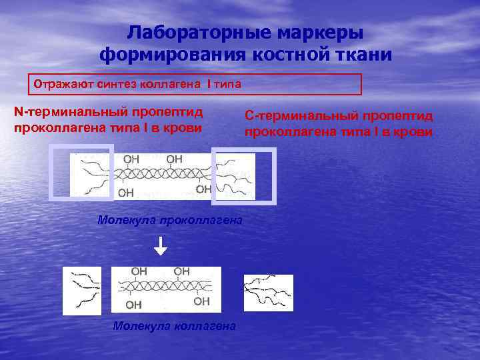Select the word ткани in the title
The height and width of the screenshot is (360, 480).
(360, 54)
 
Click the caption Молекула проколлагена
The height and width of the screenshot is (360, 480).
(169, 219)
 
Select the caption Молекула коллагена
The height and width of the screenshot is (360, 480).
(174, 326)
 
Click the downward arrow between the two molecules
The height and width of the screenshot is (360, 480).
(161, 247)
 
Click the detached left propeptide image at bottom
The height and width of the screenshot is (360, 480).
(82, 290)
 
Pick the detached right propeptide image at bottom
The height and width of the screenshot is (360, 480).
(268, 293)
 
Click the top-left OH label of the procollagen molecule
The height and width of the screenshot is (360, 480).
(131, 159)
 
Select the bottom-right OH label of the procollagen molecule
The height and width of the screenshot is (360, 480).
(204, 190)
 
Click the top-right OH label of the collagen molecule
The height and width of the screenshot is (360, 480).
(181, 271)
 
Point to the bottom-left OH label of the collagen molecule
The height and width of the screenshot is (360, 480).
(133, 305)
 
